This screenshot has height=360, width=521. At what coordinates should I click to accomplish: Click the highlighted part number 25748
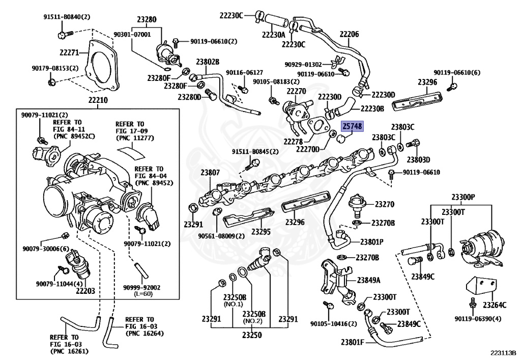click(x=352, y=126)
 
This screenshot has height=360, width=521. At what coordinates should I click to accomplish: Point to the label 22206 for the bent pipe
click(x=350, y=34)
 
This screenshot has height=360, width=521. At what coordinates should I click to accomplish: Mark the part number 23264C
click(x=495, y=305)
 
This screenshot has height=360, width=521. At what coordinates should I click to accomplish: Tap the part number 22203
click(x=85, y=291)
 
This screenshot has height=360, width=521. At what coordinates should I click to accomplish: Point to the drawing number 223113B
click(x=503, y=352)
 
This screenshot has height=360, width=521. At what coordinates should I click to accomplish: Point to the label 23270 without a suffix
click(x=385, y=204)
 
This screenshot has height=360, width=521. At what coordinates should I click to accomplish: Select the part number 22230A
click(x=274, y=35)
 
